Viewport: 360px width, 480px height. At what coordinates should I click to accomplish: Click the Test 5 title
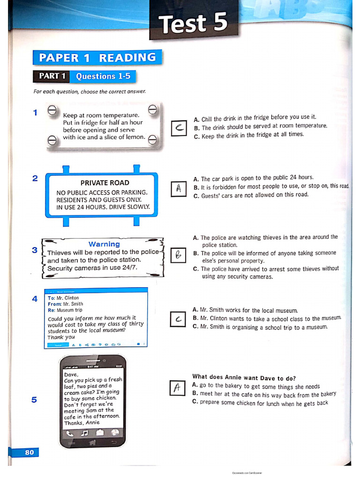coord(193,24)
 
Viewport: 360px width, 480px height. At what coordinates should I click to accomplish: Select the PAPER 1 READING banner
coord(97,58)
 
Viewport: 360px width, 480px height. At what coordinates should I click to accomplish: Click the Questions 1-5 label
coord(103,76)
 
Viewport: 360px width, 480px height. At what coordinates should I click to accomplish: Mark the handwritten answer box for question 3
coord(179,255)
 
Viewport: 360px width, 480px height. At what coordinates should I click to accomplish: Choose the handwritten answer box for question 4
coord(179,319)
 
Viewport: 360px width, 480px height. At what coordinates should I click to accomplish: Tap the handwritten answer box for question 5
coord(177,388)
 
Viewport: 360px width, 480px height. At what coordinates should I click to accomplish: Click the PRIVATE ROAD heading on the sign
coord(105,183)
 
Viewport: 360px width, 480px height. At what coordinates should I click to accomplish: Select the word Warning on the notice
coord(104,244)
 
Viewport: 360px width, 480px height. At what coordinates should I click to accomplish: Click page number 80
coord(29,452)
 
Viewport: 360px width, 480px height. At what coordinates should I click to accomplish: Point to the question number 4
coord(35,298)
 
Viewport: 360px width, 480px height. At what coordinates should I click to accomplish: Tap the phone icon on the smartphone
coord(70,433)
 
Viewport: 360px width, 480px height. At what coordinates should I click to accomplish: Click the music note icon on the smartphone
coord(84,433)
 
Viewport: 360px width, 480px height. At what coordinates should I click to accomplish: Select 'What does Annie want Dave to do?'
coord(244,378)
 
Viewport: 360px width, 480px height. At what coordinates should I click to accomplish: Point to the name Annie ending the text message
coord(93,422)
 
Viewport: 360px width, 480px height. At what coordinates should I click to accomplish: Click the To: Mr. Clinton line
coord(63,298)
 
